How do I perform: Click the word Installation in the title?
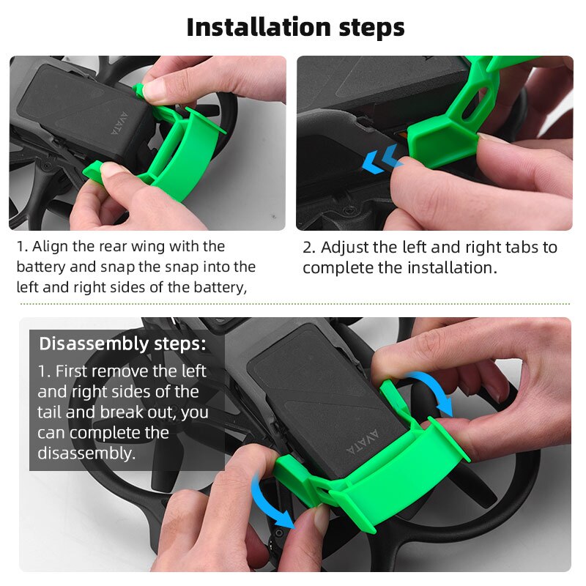(x=248, y=27)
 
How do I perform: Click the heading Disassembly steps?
(x=122, y=344)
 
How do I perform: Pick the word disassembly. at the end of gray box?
(x=86, y=453)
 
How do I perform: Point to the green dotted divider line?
(x=293, y=303)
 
